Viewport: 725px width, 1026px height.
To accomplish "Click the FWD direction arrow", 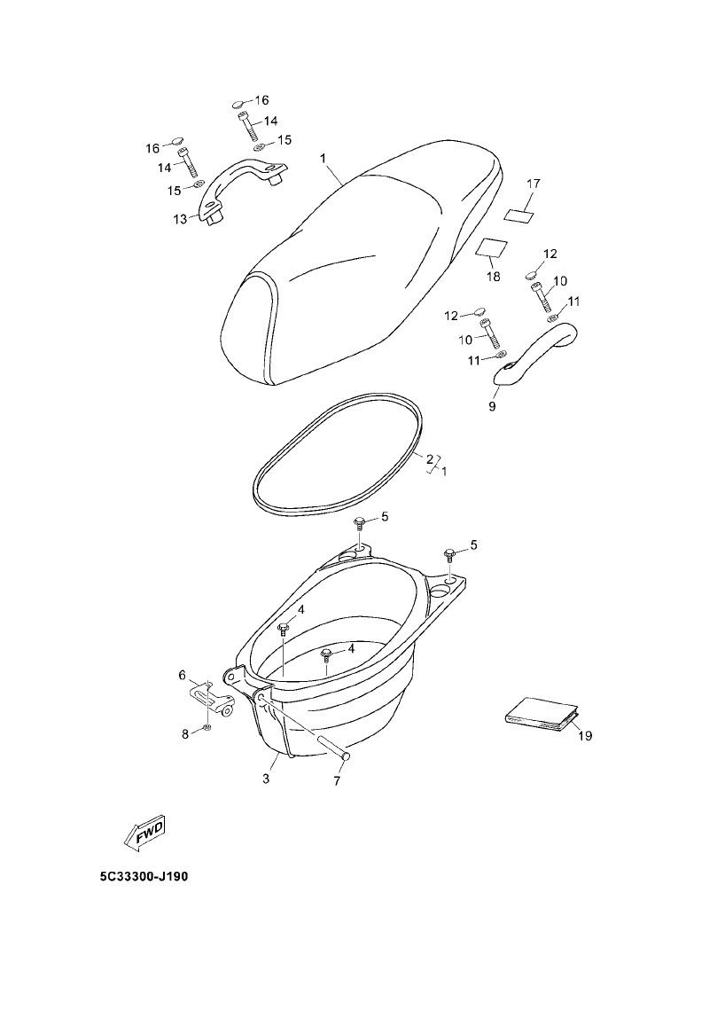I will pyautogui.click(x=143, y=832).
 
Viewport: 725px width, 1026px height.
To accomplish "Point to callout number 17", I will pyautogui.click(x=533, y=184).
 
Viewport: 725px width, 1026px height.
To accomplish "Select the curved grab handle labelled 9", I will pyautogui.click(x=536, y=354).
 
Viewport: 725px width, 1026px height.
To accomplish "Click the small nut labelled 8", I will pyautogui.click(x=207, y=727).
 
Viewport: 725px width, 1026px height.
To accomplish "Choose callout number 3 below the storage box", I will pyautogui.click(x=265, y=779).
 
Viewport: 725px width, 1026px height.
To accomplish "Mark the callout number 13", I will pyautogui.click(x=180, y=218).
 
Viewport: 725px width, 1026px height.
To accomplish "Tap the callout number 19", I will pyautogui.click(x=584, y=735).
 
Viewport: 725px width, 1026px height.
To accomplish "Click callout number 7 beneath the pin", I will pyautogui.click(x=337, y=780).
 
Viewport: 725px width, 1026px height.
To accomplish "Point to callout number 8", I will pyautogui.click(x=185, y=733).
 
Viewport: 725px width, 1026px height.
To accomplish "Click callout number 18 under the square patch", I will pyautogui.click(x=493, y=277).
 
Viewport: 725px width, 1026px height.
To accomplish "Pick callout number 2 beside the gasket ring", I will pyautogui.click(x=429, y=459).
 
